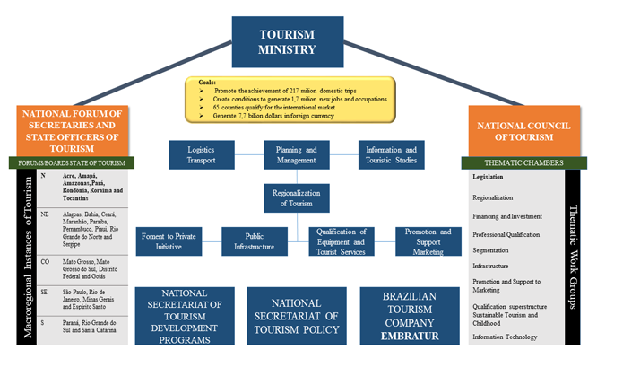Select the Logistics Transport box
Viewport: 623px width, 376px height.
[x=200, y=154]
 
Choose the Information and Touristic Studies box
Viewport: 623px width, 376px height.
[x=392, y=154]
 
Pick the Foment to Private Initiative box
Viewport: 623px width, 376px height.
[x=168, y=241]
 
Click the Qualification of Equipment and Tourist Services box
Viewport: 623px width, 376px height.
[x=341, y=241]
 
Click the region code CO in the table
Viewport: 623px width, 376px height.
[x=44, y=260]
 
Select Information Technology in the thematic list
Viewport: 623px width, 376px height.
[x=505, y=337]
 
